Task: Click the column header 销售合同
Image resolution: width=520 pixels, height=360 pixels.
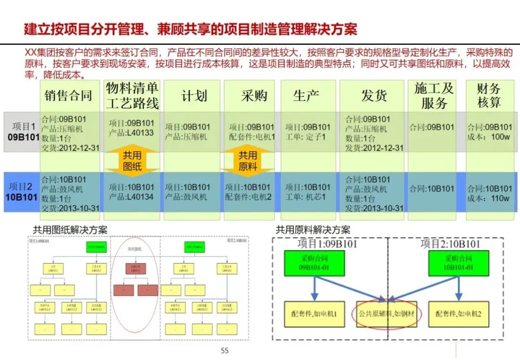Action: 68,95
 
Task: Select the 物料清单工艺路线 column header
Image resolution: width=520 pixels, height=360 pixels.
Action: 132,95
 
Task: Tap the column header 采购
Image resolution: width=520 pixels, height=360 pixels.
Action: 254,95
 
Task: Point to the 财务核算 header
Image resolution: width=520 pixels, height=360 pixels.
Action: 489,95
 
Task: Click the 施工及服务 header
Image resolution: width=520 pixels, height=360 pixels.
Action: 434,95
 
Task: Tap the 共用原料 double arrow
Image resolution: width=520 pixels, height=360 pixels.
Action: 247,161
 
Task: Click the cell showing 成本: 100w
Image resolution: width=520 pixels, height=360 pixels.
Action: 489,132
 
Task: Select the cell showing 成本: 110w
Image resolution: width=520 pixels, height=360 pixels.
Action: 489,193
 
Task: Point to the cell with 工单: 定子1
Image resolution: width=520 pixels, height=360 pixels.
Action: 308,132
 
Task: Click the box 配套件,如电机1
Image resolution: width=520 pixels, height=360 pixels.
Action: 313,314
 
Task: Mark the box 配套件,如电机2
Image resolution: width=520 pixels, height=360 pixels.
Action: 458,314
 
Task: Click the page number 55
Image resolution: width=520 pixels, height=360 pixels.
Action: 224,350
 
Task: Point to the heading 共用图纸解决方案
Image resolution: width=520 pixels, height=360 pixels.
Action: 70,230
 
